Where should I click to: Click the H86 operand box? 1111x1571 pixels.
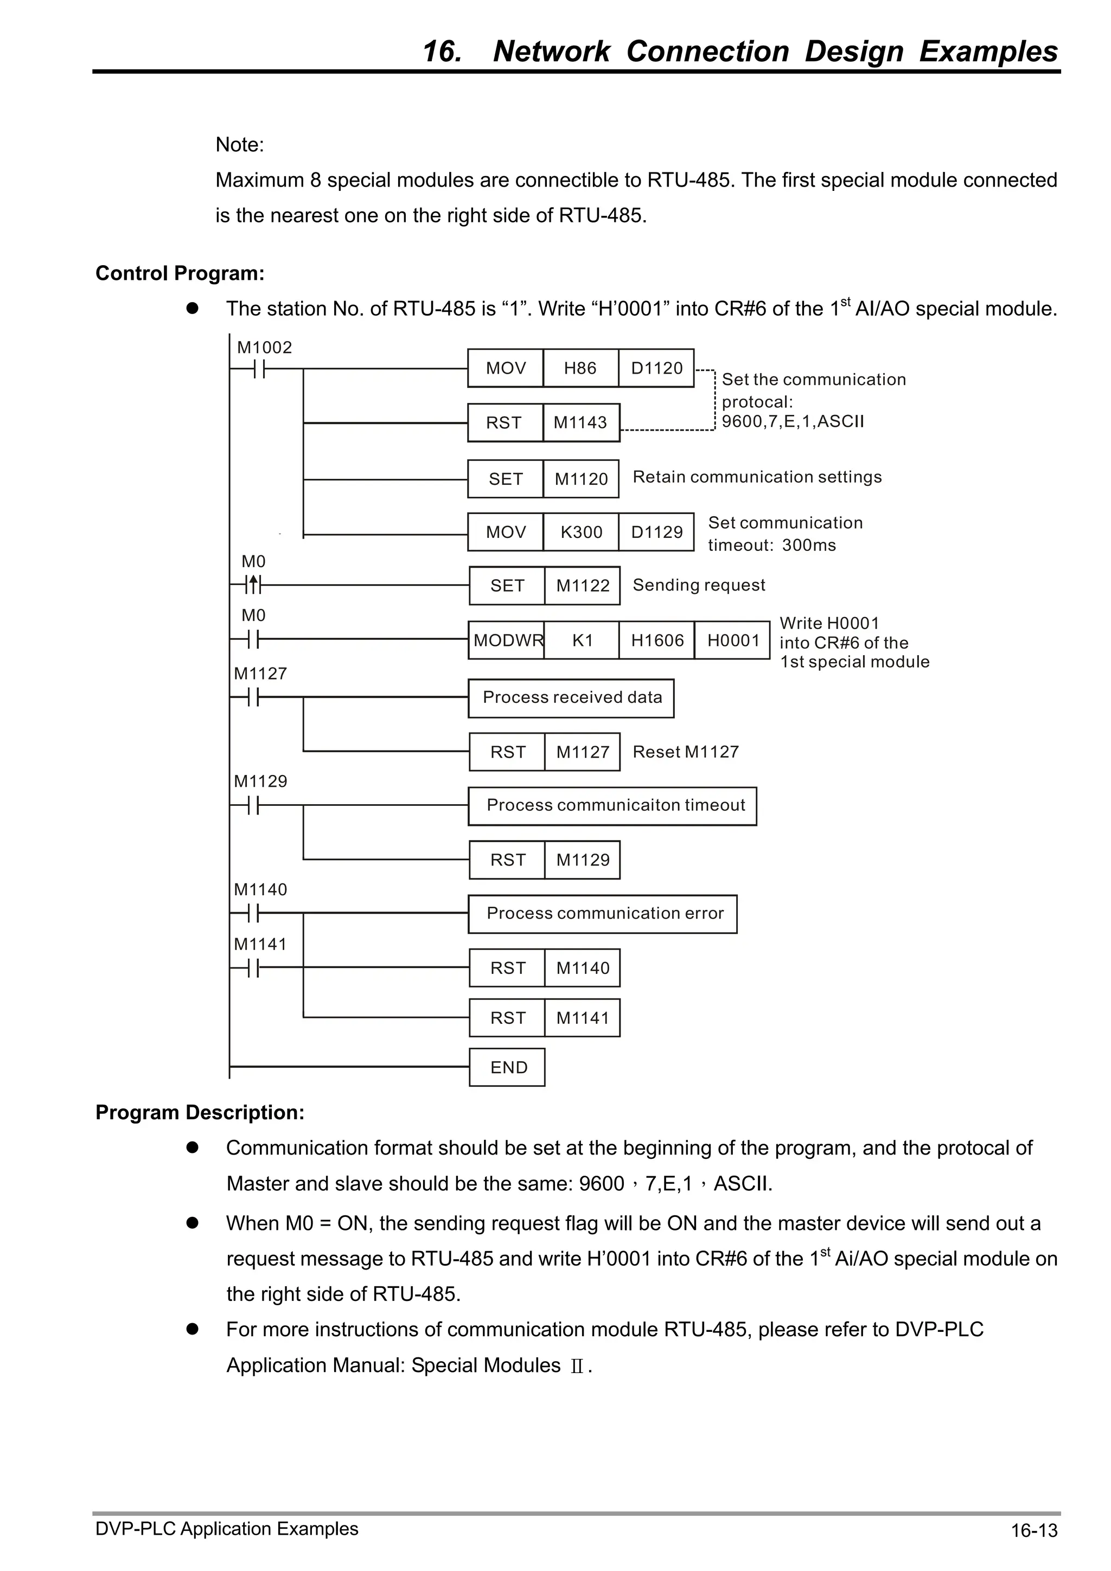coord(580,368)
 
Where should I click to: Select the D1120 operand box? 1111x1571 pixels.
coord(656,368)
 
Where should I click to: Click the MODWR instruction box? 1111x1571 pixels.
coord(507,640)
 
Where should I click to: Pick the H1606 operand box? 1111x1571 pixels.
coord(656,640)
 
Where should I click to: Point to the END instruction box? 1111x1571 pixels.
coord(507,1067)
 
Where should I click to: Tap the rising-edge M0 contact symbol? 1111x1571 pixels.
coord(253,585)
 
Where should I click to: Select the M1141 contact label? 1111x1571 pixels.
coord(260,944)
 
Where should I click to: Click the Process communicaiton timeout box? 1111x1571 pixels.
coord(612,806)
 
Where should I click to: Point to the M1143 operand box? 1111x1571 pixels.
coord(580,423)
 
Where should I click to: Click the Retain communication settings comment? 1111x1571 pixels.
coord(756,477)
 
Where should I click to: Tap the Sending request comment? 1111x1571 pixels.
coord(698,585)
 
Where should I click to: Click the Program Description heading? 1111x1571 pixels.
coord(200,1113)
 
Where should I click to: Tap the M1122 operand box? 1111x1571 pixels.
coord(582,586)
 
